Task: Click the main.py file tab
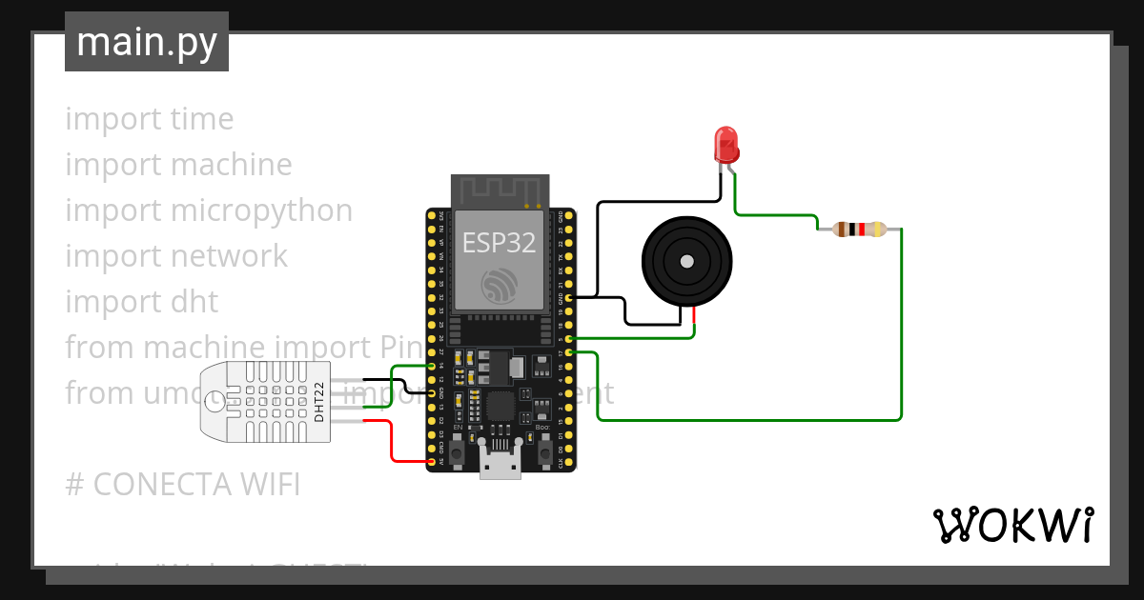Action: point(146,42)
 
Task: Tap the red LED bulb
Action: point(726,144)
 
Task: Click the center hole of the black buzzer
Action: point(685,261)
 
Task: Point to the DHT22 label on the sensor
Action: point(320,401)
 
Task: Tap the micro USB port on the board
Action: point(500,467)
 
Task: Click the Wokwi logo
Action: point(1011,525)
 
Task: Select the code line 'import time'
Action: point(149,119)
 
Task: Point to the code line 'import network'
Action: point(175,256)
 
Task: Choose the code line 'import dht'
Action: point(141,302)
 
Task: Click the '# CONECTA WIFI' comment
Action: point(182,485)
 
